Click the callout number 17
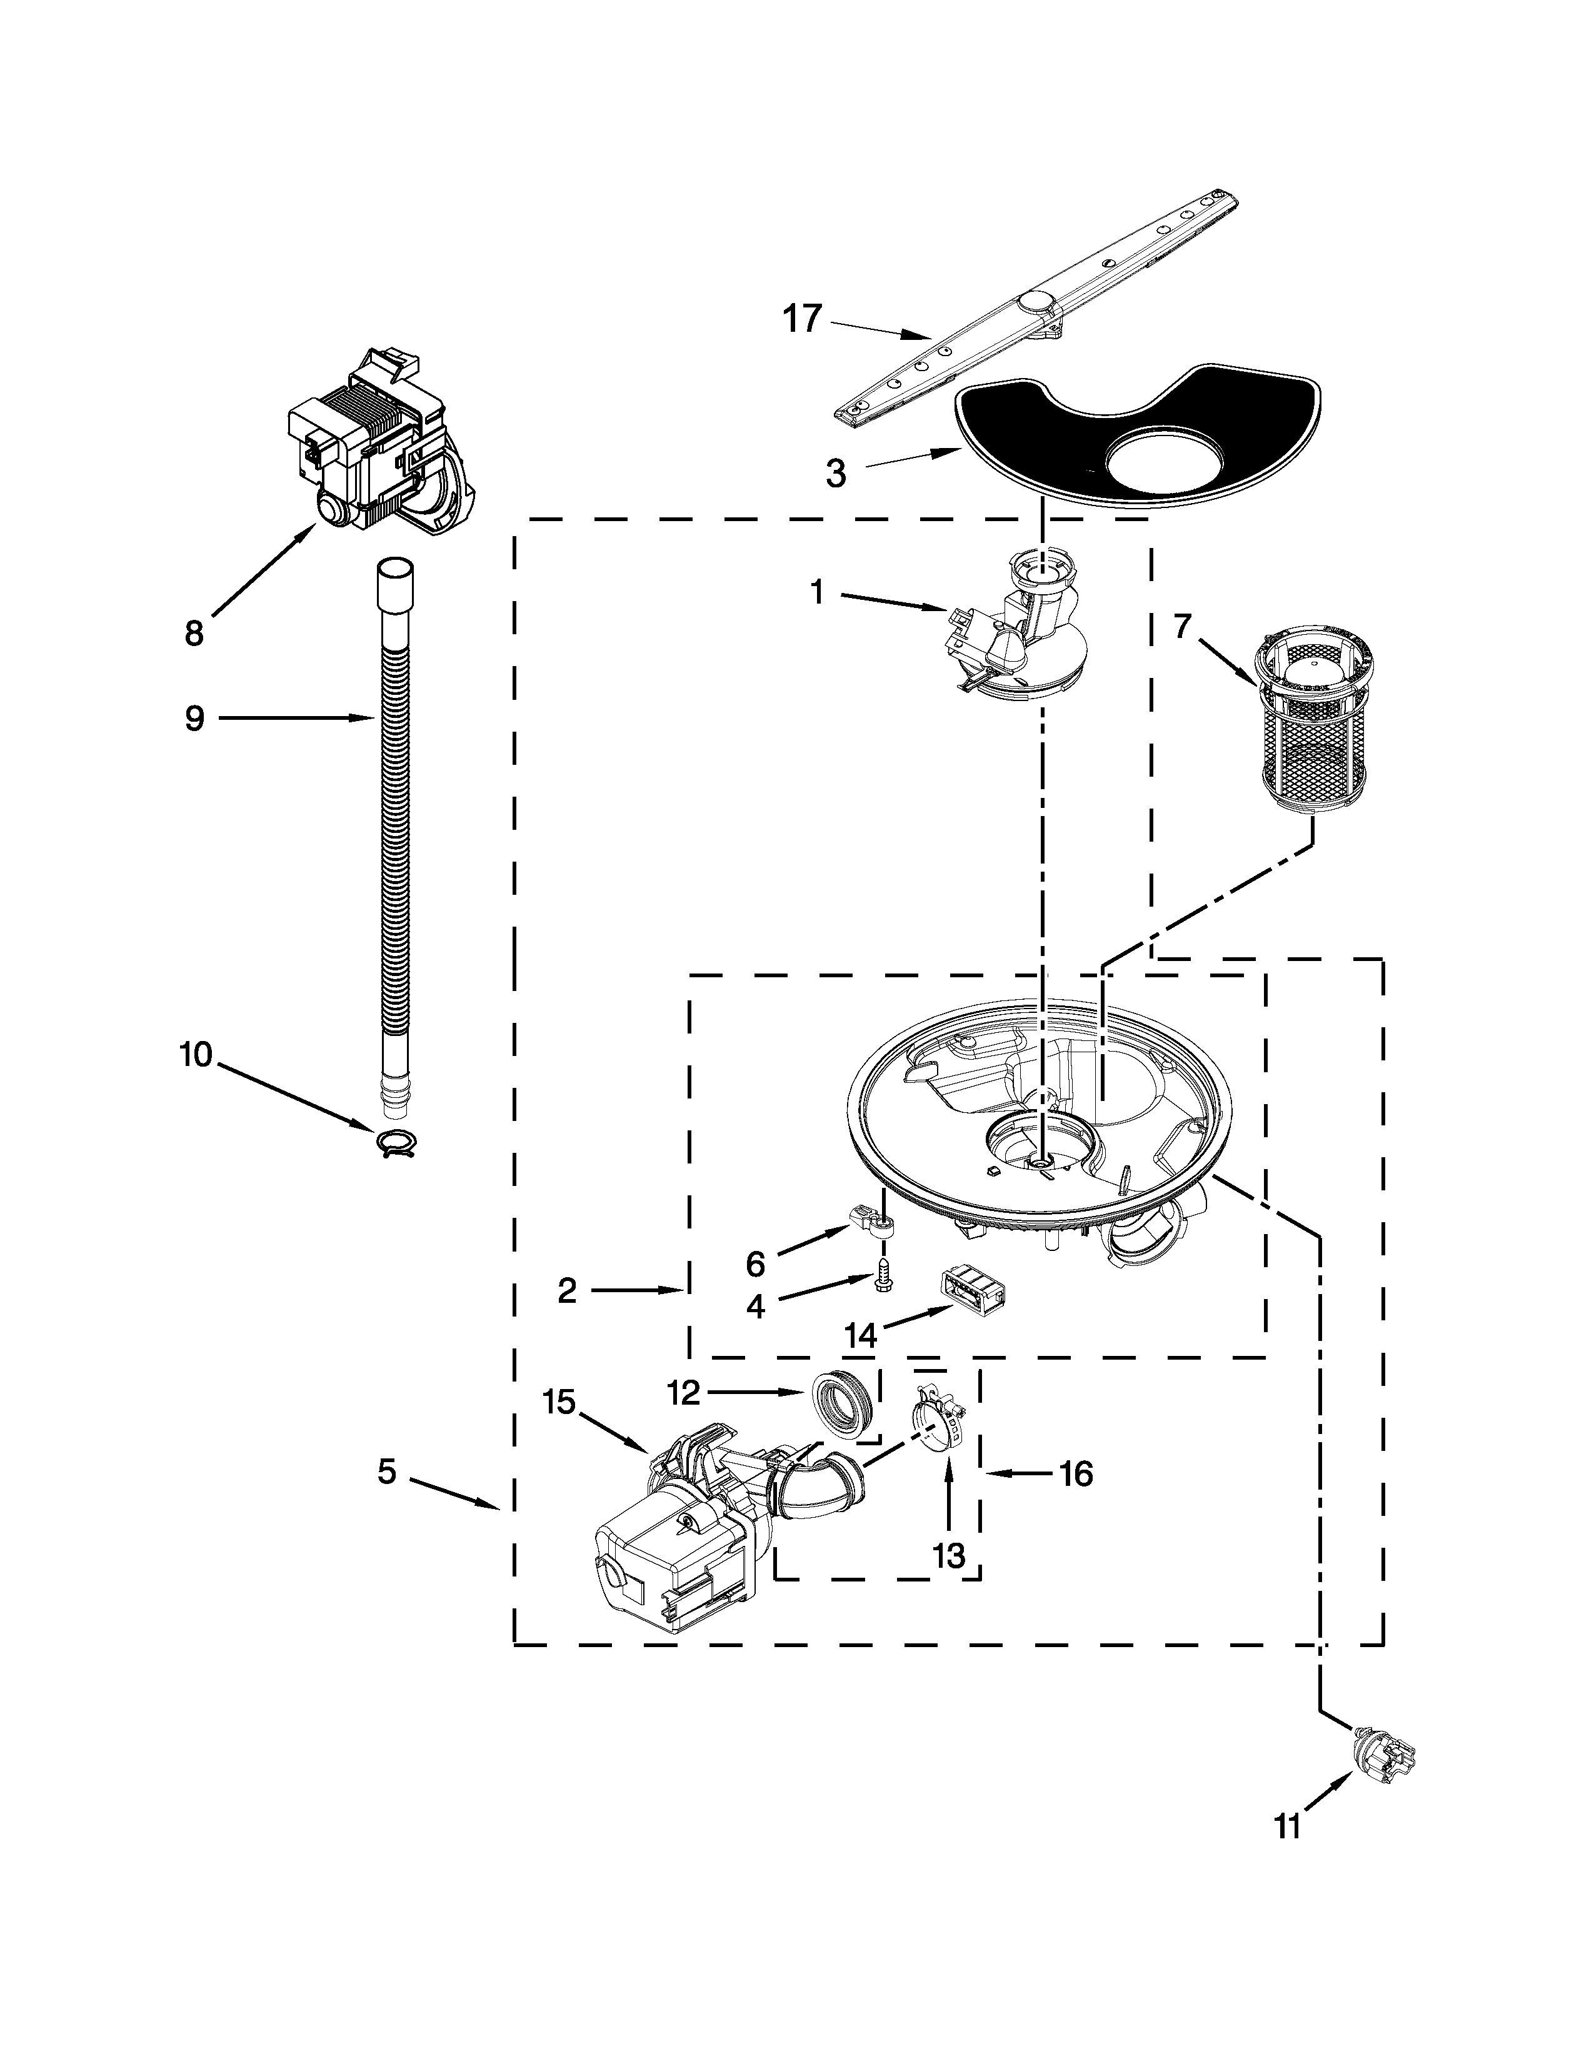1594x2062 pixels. tap(803, 319)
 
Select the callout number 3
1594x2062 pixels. tap(836, 473)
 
